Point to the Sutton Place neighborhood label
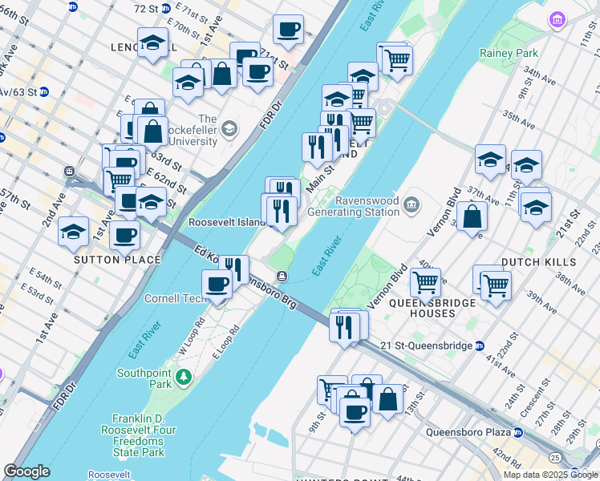coord(118,260)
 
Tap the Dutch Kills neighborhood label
coord(538,262)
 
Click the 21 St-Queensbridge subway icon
coord(480,346)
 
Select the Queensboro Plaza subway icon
coord(518,432)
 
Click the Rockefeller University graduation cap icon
coord(230,128)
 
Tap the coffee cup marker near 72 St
coord(288,30)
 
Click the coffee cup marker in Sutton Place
coord(124,236)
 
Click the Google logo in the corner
coord(27,471)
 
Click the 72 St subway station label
coord(146,8)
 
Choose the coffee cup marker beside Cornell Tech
coord(216,285)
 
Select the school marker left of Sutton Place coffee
coord(74,232)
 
